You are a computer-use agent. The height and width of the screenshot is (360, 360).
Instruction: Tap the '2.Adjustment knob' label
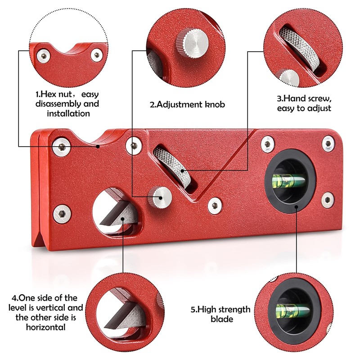[187, 105]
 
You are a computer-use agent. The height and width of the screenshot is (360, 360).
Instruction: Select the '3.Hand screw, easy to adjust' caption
[304, 103]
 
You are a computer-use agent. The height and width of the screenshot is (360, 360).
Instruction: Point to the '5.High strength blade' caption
[220, 314]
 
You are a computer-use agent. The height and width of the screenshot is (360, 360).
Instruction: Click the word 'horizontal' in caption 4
[46, 327]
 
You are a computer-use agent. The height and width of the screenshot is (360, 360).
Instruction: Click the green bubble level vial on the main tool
[288, 180]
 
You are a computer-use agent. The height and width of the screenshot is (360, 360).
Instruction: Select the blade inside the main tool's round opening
[118, 213]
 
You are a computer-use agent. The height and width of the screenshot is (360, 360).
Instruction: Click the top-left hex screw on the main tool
[62, 147]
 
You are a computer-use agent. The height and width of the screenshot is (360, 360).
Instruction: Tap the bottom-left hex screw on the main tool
[62, 214]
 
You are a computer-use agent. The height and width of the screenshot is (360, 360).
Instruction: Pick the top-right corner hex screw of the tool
[328, 144]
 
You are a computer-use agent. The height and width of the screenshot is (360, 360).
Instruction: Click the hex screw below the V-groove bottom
[215, 205]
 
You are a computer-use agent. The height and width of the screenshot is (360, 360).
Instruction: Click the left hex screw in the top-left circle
[43, 56]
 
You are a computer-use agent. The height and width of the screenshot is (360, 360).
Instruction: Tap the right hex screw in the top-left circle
[97, 55]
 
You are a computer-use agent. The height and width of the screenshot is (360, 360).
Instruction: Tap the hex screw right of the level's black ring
[328, 199]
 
